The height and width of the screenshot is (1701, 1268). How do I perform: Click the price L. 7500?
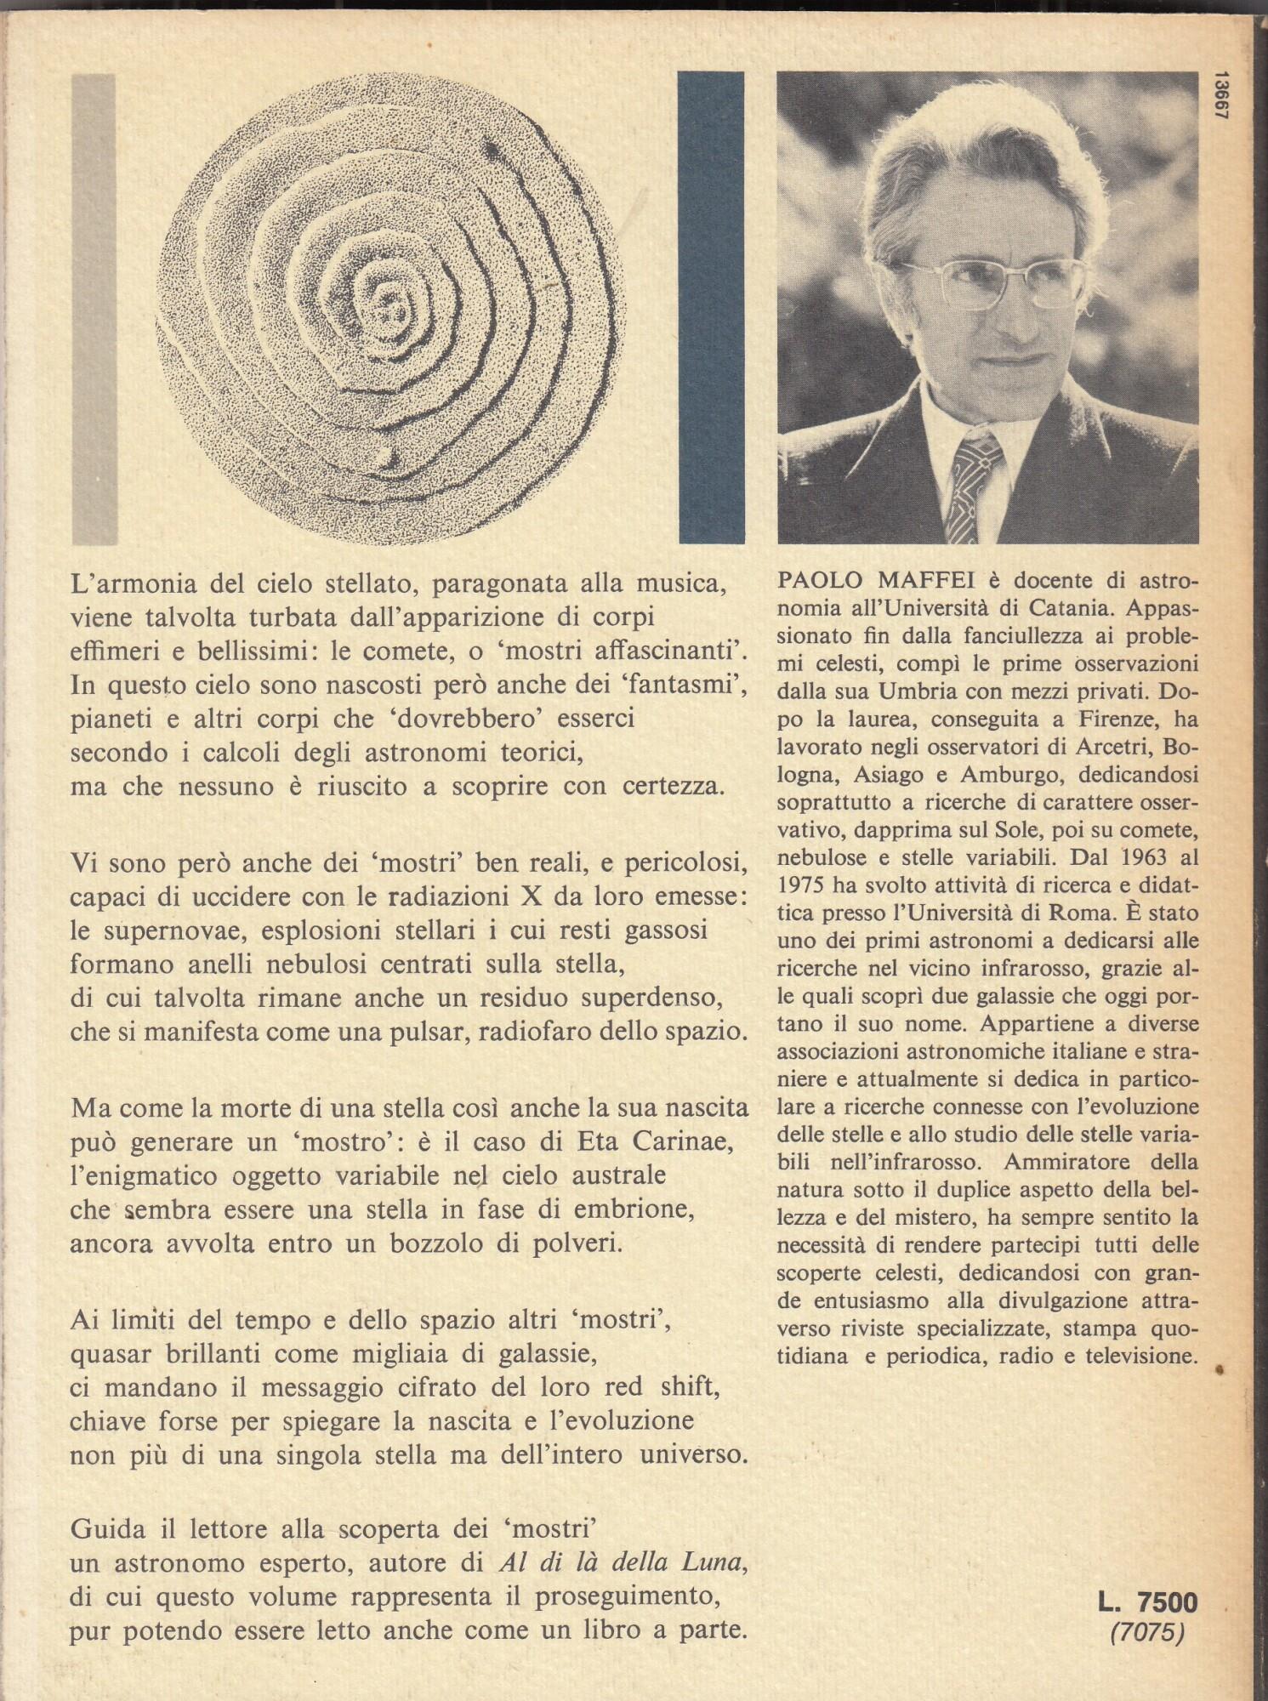[x=1147, y=1603]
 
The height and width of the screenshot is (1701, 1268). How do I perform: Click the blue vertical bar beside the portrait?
[x=711, y=308]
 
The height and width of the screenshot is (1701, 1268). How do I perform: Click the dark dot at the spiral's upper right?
[x=491, y=151]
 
